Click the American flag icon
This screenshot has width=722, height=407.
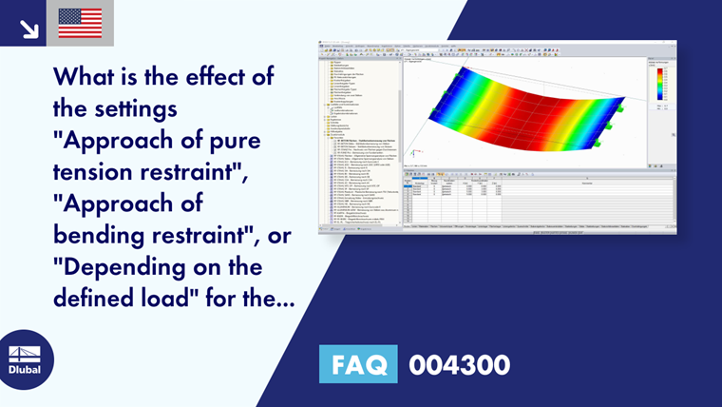80,23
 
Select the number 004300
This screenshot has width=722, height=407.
459,365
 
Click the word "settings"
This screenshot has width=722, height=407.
139,108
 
